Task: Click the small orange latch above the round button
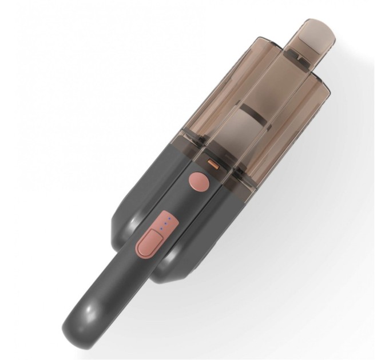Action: tap(213, 164)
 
